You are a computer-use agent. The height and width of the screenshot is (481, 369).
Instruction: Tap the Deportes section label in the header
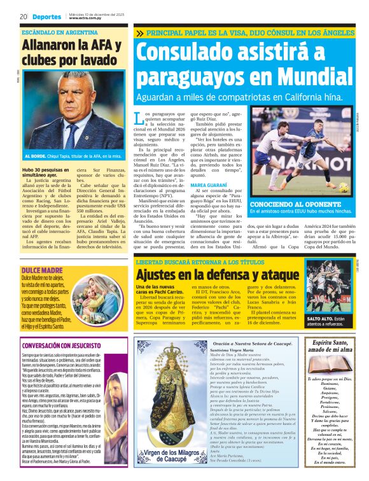click(48, 17)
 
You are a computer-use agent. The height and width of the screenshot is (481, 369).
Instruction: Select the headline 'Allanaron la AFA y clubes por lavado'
click(71, 52)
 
